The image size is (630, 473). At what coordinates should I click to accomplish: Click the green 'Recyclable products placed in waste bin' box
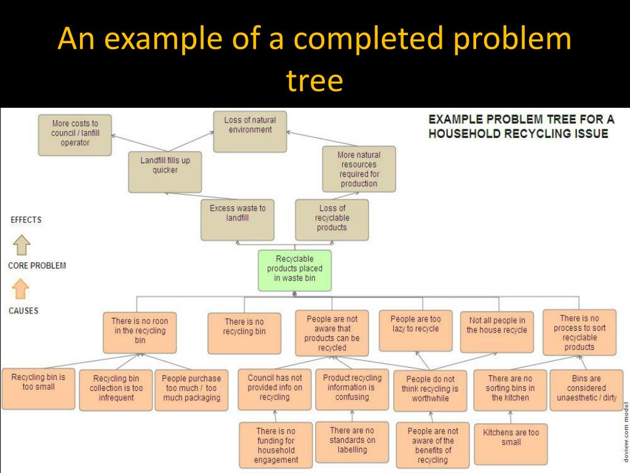point(295,270)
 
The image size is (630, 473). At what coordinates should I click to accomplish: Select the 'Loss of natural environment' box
point(250,131)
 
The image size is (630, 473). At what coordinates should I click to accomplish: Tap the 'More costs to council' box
point(75,134)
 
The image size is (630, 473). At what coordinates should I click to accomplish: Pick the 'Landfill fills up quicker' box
point(165,172)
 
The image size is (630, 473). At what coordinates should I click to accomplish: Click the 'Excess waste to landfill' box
point(237,219)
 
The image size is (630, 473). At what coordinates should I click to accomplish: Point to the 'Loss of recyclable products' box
point(332,219)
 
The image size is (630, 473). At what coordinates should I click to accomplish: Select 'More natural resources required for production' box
point(359,169)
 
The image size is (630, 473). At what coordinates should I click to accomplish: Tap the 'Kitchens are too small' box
point(511,443)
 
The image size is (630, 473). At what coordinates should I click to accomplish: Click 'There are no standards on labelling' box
point(352,442)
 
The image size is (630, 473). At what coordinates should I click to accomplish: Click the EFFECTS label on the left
point(26,220)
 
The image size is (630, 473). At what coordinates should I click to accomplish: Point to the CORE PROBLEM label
point(37,266)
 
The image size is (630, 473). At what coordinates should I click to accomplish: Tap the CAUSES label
point(23,310)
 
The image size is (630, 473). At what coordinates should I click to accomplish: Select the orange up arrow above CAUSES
point(21,288)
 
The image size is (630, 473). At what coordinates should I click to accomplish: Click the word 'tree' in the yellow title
point(314,81)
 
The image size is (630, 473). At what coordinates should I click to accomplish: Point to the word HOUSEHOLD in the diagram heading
point(465,134)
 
